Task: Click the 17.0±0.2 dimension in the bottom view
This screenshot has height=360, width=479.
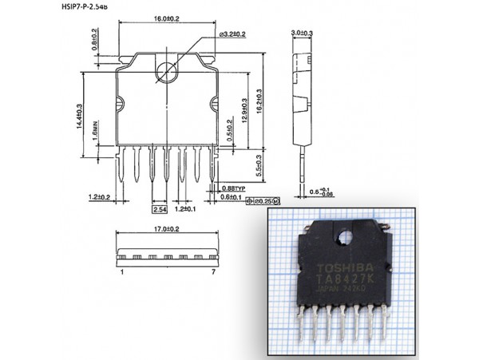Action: point(166,229)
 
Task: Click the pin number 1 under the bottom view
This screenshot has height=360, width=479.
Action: point(122,272)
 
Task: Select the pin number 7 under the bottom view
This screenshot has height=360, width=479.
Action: point(214,272)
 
